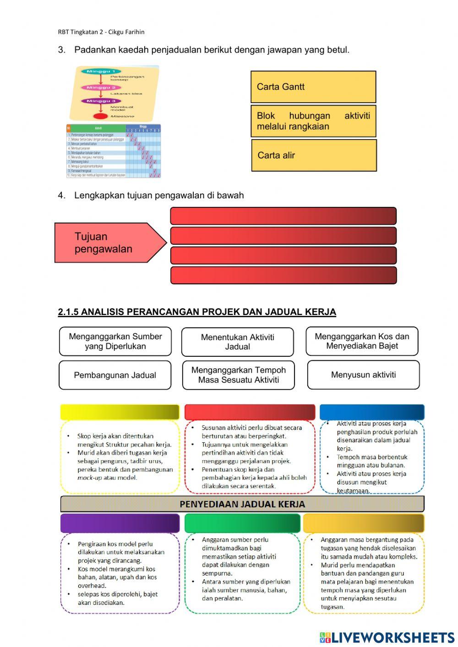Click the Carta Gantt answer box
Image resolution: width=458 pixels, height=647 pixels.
point(313,87)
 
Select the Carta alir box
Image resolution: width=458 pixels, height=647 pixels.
point(314,155)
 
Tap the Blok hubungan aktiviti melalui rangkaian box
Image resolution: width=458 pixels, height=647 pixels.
point(313,121)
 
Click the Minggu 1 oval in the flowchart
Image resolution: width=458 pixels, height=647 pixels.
point(101,71)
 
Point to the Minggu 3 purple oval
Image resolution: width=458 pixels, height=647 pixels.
point(101,101)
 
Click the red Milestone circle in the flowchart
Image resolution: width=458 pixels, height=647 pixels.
point(100,116)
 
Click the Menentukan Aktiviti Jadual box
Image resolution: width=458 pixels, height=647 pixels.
point(237,342)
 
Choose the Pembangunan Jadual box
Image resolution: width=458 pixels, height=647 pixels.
point(115,375)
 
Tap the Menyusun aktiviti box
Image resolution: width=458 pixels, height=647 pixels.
point(363,375)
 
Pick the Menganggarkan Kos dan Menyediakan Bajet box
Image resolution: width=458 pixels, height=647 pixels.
point(362,341)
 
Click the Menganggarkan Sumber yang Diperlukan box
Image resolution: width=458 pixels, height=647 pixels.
point(115,341)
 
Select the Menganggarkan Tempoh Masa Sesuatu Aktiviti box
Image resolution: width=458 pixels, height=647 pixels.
point(238,375)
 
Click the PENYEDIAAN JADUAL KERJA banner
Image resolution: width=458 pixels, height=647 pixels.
point(242,504)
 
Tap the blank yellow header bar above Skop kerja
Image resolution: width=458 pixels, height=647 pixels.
point(120,412)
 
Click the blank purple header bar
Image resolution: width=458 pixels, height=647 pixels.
point(120,523)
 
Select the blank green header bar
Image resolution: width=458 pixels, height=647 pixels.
point(242,523)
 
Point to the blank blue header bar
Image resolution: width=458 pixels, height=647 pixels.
point(372,412)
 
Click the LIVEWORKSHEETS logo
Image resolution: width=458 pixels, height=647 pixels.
point(387,637)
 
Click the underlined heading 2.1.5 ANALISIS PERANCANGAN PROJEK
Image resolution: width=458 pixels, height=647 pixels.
point(197,312)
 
